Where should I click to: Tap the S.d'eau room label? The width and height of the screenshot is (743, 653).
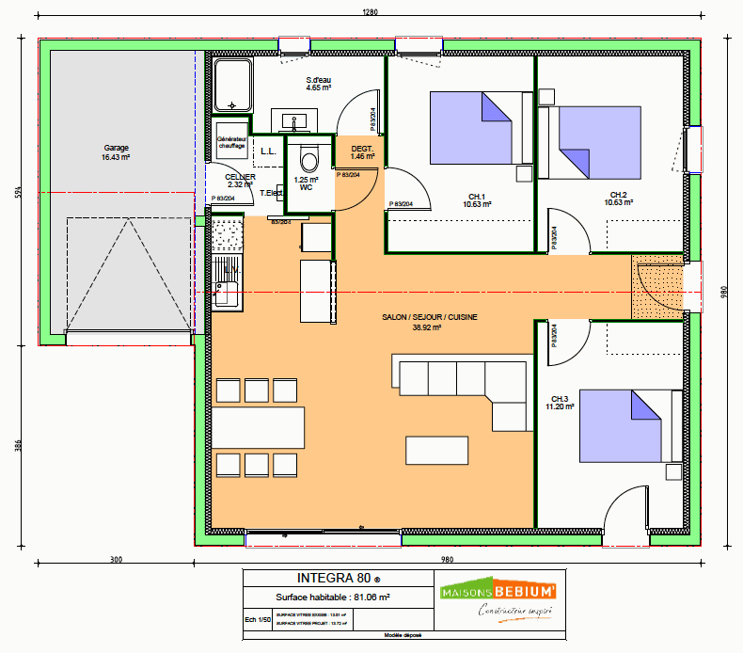coord(319,84)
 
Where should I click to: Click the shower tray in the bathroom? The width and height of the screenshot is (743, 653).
coord(232,85)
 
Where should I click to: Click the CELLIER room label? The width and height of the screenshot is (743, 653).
coord(240,181)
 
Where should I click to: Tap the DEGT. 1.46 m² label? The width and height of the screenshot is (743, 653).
coord(362,153)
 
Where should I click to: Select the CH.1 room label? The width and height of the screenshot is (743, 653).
coord(478,199)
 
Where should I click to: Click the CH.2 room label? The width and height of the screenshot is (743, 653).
coord(618,199)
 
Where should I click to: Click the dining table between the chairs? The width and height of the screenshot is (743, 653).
coord(258,426)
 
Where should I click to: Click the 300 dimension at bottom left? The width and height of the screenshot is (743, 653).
coord(117,560)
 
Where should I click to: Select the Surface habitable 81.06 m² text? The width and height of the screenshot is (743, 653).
coord(333,597)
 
